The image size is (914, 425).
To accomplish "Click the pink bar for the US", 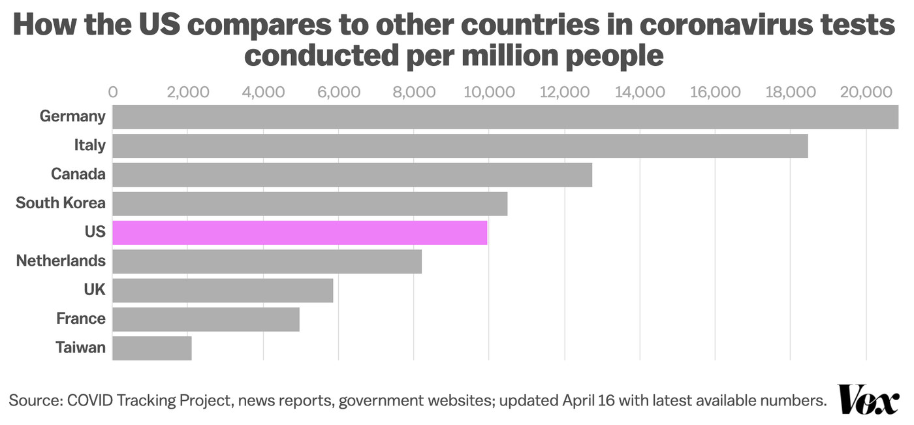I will [300, 232].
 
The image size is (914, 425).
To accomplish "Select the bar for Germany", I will [505, 116].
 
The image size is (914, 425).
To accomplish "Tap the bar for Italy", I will [460, 145].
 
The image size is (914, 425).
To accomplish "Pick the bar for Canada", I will [352, 174].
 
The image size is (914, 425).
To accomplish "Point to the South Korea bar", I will [309, 203].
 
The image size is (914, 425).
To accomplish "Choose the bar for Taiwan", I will [151, 347].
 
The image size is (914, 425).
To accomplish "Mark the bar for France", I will [206, 319].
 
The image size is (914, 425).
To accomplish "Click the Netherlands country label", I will [61, 261].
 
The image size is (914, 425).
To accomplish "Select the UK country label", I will [95, 290].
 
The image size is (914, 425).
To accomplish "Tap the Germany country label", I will [72, 116].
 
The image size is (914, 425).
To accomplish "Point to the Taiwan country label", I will [80, 347].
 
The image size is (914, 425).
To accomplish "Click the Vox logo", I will [868, 399].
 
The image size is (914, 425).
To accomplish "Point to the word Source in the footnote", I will [33, 400].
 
